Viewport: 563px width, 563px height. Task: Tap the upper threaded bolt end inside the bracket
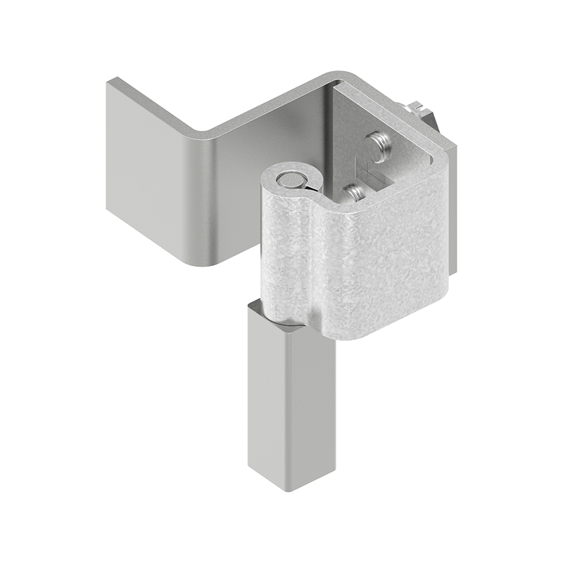point(379,146)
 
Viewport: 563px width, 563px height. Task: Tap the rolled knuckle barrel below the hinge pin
point(285,253)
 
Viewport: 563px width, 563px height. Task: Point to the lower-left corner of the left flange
point(110,208)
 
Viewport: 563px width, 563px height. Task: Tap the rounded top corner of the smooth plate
point(338,75)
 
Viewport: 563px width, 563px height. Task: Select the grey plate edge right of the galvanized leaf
point(453,211)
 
